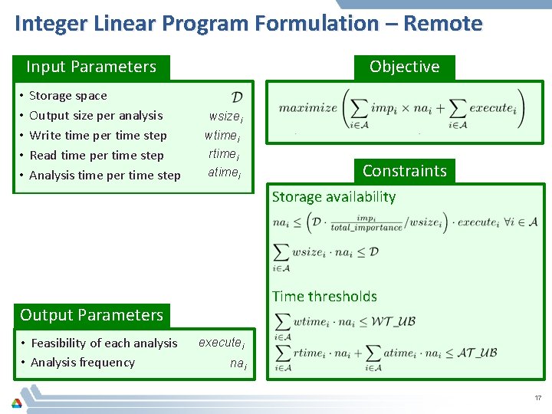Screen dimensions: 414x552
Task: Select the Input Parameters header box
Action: point(91,67)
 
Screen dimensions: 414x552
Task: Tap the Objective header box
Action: point(404,67)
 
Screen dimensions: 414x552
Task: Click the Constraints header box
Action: point(404,170)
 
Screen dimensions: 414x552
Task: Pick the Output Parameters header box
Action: point(91,315)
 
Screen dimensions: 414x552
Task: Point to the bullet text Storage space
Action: point(68,96)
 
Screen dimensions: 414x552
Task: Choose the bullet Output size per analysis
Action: point(96,116)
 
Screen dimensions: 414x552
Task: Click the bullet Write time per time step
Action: point(98,136)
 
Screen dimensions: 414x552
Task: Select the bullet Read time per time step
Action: point(97,156)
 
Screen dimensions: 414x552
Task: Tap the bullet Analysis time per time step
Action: point(105,176)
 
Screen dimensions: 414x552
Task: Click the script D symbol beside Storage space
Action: point(237,97)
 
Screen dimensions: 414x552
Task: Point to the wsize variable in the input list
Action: point(225,117)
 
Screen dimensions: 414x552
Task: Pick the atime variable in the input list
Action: point(224,172)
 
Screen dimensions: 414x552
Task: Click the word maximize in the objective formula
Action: point(307,108)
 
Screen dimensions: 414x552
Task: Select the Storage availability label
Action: point(333,197)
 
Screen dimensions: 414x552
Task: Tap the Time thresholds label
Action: point(324,297)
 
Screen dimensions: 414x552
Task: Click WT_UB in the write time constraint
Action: point(393,321)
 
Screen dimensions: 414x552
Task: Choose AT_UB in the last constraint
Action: point(477,353)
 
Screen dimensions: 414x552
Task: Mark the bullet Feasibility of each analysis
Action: point(103,343)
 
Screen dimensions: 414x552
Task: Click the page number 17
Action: point(537,398)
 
